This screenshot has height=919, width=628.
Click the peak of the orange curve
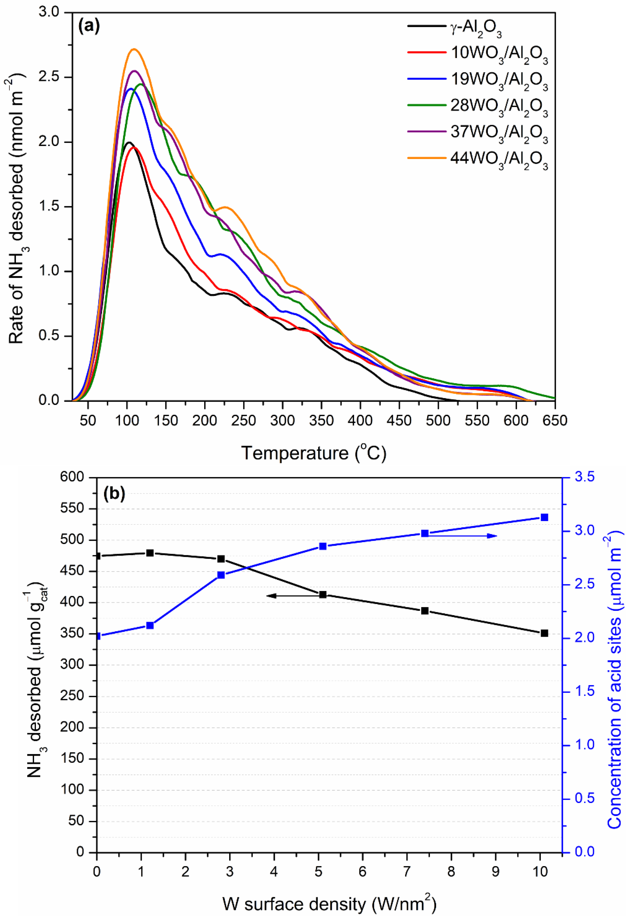coord(134,49)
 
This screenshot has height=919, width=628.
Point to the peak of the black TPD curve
coord(129,142)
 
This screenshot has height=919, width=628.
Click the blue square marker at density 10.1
coord(544,517)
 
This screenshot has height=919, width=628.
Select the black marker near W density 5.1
coord(323,594)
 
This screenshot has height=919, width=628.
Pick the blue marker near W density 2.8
coord(221,575)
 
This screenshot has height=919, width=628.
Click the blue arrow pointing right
coord(474,536)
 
